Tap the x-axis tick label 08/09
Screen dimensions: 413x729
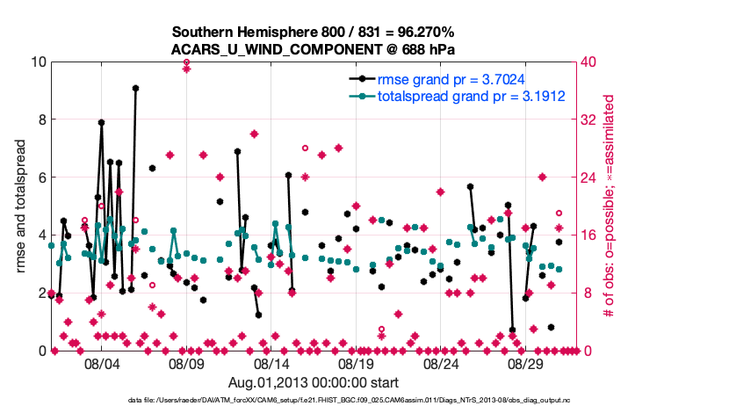pyautogui.click(x=187, y=364)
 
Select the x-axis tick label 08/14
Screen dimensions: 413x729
pyautogui.click(x=272, y=364)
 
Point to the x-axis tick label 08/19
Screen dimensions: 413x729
pyautogui.click(x=357, y=364)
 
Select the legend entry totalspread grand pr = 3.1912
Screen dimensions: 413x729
pyautogui.click(x=470, y=96)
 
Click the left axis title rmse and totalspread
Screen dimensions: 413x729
pyautogui.click(x=21, y=206)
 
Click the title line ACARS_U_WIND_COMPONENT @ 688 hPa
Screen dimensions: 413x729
pyautogui.click(x=313, y=49)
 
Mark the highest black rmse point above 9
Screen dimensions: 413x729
pyautogui.click(x=135, y=88)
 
